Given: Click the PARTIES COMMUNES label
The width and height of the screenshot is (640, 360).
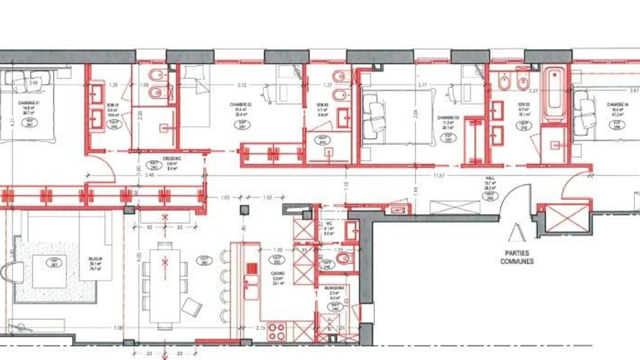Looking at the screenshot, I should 517,257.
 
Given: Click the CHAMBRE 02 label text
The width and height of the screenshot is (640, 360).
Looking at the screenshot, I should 241,105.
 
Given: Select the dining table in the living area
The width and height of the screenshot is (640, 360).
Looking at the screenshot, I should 165,283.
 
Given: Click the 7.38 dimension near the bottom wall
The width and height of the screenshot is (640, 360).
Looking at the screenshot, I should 118,328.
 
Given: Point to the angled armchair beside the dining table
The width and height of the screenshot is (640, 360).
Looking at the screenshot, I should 192,307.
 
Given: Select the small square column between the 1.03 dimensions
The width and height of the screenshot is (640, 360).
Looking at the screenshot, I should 243,210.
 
